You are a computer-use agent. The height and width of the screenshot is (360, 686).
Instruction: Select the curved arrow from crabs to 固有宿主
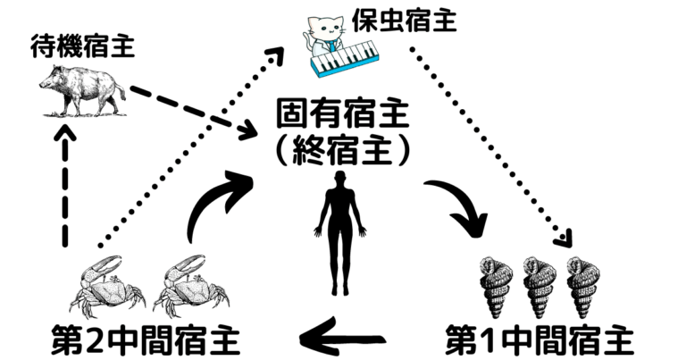[219, 201]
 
